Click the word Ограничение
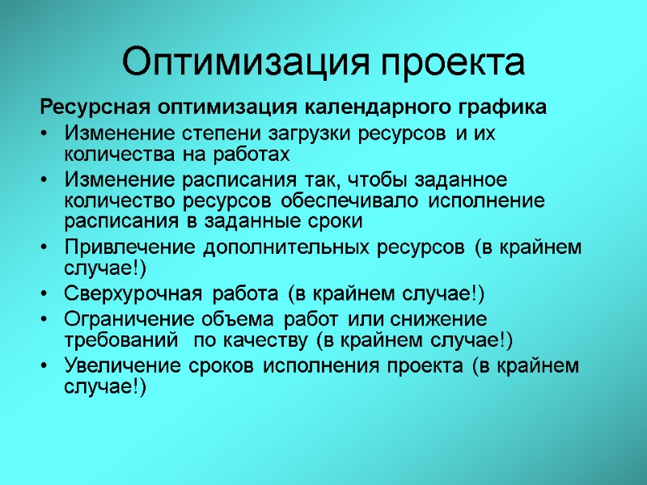(x=122, y=319)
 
